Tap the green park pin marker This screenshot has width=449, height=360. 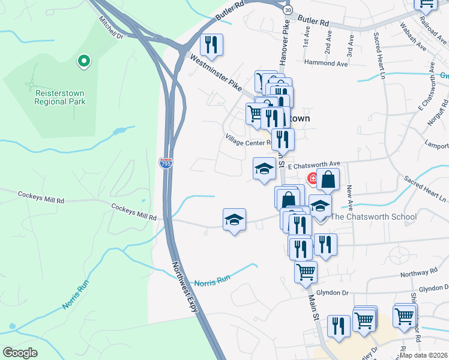pyautogui.click(x=84, y=61)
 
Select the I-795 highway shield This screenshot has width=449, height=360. pyautogui.click(x=166, y=163)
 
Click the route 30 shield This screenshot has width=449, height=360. pyautogui.click(x=289, y=11)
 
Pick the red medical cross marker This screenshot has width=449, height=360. pyautogui.click(x=313, y=178)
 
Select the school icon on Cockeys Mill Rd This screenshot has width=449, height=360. pyautogui.click(x=235, y=219)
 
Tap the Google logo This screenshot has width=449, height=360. pyautogui.click(x=20, y=353)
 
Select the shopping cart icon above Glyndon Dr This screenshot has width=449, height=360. pyautogui.click(x=306, y=272)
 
